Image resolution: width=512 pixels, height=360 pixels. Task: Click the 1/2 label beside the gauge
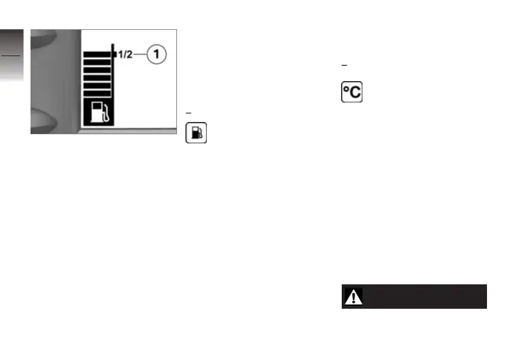click(x=124, y=55)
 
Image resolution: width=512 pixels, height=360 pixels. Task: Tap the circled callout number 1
click(x=156, y=55)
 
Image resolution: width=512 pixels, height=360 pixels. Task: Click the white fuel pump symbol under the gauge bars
click(x=98, y=113)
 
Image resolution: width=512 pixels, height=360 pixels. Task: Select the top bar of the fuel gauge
click(x=98, y=54)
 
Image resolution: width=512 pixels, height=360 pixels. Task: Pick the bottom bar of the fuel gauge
click(x=98, y=93)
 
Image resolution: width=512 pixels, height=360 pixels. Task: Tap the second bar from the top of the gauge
click(x=98, y=62)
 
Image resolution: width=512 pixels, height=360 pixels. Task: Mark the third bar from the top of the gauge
click(x=98, y=70)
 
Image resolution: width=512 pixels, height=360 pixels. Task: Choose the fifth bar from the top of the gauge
click(x=98, y=85)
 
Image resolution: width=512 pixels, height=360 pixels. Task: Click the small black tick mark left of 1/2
click(x=114, y=55)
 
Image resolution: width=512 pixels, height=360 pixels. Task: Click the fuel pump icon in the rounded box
click(x=196, y=133)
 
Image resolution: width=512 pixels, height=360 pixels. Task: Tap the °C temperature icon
click(x=351, y=92)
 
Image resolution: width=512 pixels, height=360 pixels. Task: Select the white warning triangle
click(x=353, y=297)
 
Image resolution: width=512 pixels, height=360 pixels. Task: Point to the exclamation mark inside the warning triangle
click(x=353, y=298)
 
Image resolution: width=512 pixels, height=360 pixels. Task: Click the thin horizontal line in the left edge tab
click(x=11, y=55)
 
